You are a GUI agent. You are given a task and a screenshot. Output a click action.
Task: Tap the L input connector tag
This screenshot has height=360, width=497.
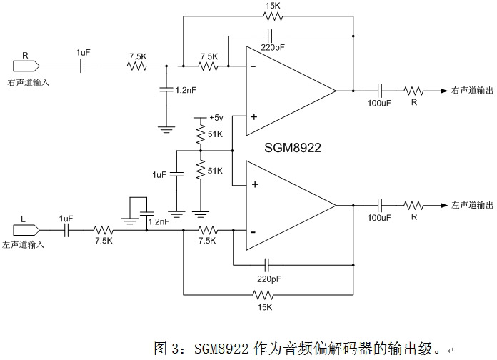(25, 231)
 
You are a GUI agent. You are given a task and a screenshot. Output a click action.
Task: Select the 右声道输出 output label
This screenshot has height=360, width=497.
(471, 91)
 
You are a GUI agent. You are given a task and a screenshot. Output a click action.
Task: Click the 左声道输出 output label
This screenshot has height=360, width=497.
(471, 204)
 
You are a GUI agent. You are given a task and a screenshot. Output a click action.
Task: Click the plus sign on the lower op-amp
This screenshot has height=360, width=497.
(253, 185)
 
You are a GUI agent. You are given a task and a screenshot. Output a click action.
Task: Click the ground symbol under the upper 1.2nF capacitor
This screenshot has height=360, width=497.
(166, 129)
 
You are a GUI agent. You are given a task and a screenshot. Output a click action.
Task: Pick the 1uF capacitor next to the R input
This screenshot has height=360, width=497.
(83, 66)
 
